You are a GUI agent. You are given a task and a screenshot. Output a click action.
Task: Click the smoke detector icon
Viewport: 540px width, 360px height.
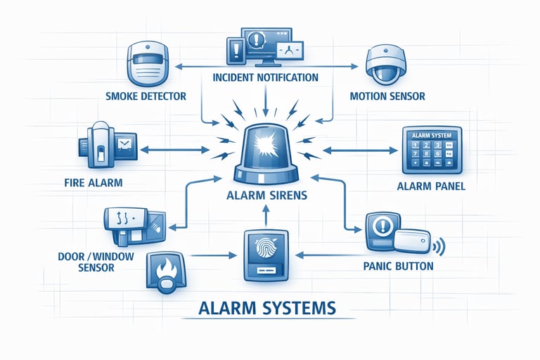(x=148, y=65)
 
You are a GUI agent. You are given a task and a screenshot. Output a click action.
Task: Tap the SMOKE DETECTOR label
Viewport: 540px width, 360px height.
(x=146, y=96)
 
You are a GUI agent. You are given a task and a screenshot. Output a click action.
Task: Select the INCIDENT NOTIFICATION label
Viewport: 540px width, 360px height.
(x=265, y=77)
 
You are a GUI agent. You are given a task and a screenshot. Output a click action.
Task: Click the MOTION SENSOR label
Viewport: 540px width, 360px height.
(x=387, y=96)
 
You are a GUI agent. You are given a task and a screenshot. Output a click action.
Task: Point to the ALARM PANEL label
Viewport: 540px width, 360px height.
(x=431, y=186)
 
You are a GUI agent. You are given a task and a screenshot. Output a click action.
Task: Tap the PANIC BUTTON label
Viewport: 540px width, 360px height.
(x=399, y=267)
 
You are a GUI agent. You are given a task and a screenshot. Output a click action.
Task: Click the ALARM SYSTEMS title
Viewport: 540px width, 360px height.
(x=267, y=307)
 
